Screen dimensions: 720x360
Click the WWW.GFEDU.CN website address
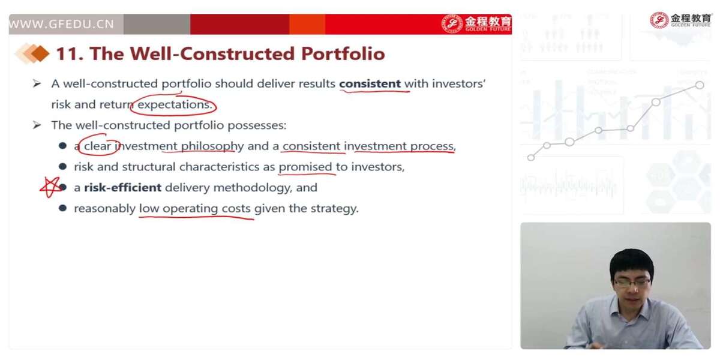coord(61,24)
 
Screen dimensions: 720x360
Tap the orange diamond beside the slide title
coord(41,53)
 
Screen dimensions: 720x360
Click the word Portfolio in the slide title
coord(343,53)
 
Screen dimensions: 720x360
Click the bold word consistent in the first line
coord(370,83)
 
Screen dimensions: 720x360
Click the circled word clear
coord(97,146)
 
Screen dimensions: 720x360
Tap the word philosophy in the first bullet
coord(212,146)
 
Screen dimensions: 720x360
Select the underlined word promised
coord(305,167)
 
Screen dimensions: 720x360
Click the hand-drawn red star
coord(50,187)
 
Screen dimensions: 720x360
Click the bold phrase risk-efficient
coord(123,187)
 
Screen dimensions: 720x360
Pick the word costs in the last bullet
coord(236,209)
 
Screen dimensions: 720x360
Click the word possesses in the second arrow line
coord(257,125)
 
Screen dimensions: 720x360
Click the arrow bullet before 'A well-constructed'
coord(37,83)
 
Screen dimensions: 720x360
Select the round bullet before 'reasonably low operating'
coord(62,208)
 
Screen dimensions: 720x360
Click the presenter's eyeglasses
coord(632,283)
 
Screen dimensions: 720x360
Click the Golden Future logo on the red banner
coord(477,23)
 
